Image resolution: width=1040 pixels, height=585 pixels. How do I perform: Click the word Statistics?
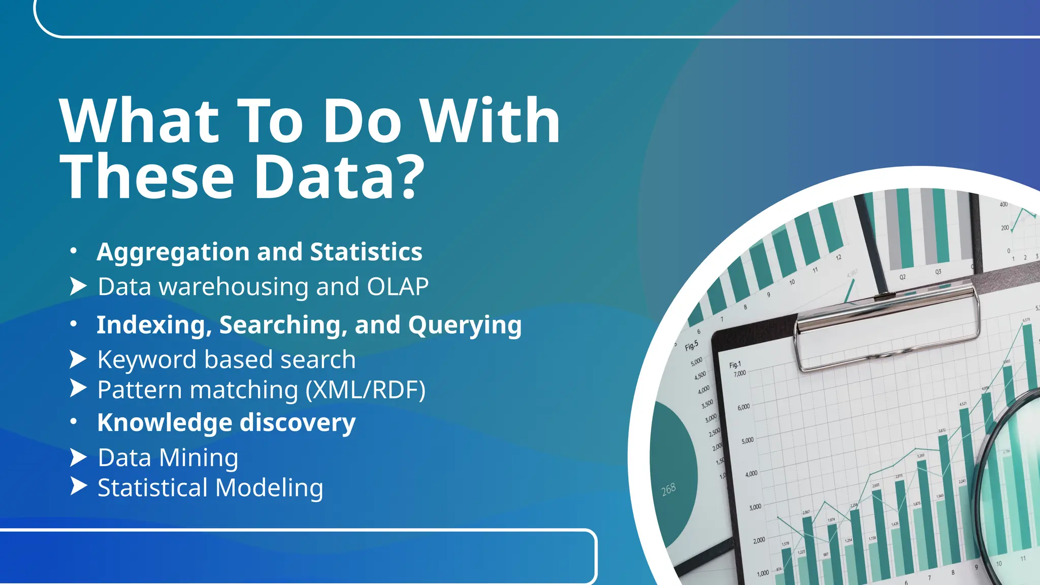(366, 252)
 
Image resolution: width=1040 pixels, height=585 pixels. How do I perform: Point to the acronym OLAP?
(398, 287)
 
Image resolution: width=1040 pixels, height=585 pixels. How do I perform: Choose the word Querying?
(465, 325)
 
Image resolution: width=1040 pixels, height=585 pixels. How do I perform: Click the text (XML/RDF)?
(366, 390)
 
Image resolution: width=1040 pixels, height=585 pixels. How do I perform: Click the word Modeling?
(269, 488)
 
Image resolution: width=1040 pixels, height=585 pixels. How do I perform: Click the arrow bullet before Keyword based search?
(78, 360)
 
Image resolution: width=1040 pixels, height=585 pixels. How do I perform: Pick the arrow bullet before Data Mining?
(78, 458)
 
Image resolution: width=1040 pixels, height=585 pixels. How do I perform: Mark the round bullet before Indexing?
(74, 323)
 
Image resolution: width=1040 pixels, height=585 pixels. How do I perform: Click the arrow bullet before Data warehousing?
(78, 286)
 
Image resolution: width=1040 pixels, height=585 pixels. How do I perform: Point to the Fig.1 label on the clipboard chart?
(735, 365)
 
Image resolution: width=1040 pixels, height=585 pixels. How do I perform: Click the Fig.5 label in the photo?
(692, 346)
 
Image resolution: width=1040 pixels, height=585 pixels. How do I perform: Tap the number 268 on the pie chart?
(669, 490)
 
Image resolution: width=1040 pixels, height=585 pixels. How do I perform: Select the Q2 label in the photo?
(902, 277)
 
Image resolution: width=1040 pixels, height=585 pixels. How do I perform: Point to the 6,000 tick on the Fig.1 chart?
(743, 407)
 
